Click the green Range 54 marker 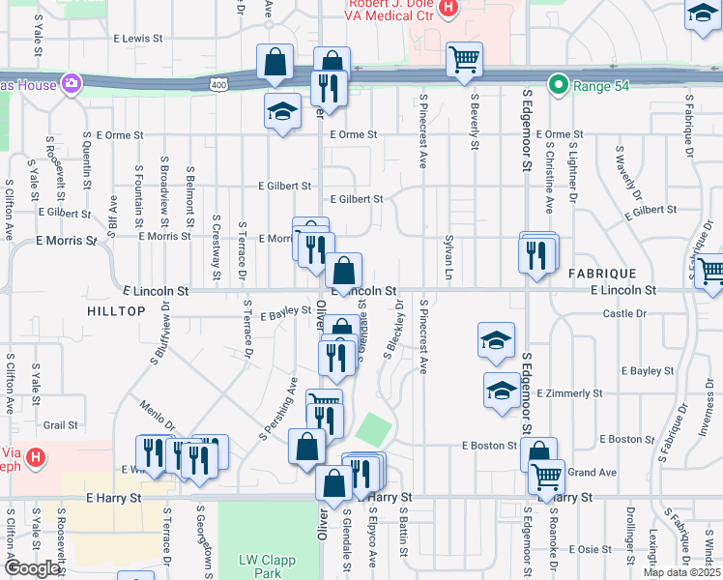[557, 85]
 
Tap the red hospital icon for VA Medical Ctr [447, 9]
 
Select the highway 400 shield [221, 85]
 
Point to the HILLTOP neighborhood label [116, 311]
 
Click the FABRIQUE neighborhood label [598, 273]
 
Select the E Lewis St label [138, 39]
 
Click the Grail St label [60, 424]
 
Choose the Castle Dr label [623, 313]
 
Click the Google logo [32, 568]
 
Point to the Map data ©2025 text [681, 572]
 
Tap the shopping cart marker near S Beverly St [464, 60]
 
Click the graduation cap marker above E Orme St [282, 111]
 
